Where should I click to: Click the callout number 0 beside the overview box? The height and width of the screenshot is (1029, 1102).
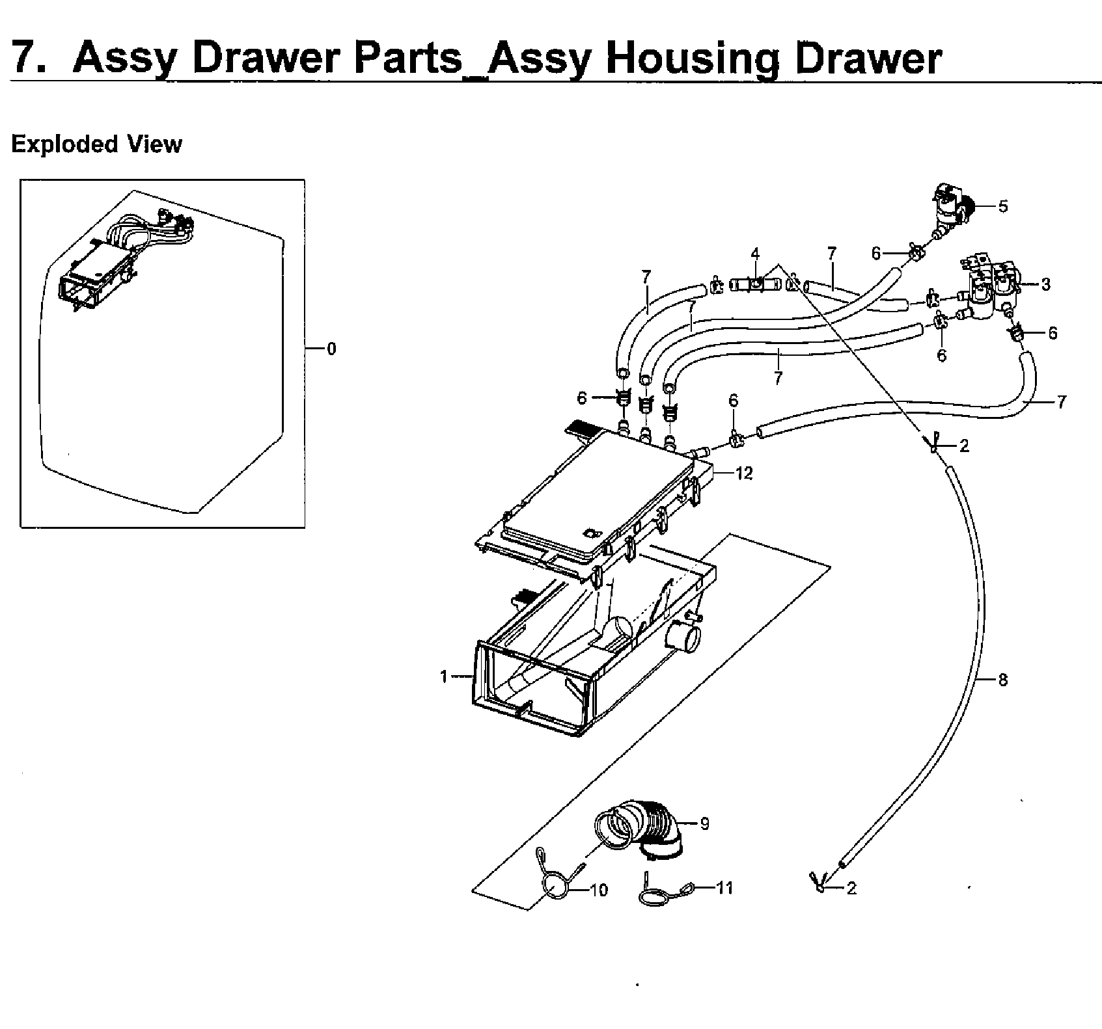331,349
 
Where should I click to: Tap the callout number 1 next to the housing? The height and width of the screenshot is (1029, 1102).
444,677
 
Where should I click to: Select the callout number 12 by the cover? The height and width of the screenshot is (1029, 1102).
744,474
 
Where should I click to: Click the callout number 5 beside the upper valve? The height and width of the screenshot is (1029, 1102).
1002,206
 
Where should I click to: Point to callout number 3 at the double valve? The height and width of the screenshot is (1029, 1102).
1045,284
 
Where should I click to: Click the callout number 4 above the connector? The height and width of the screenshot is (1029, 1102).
755,253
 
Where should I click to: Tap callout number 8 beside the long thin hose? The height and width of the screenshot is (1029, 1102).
1002,680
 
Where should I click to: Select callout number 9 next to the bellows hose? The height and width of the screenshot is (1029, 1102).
704,823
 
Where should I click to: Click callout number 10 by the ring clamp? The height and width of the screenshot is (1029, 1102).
598,890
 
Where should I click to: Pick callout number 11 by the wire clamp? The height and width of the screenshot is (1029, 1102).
724,887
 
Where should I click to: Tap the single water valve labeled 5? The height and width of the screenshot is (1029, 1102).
950,211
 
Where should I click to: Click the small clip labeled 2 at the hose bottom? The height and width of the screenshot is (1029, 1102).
818,883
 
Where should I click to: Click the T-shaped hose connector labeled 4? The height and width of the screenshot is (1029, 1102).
754,284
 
